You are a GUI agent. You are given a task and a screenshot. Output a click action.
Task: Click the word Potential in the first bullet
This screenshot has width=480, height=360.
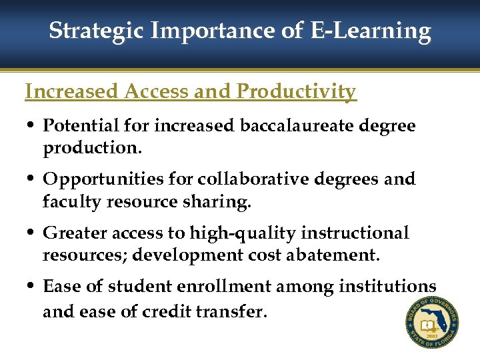[81, 125]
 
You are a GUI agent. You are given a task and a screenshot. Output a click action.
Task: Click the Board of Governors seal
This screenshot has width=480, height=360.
[431, 323]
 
